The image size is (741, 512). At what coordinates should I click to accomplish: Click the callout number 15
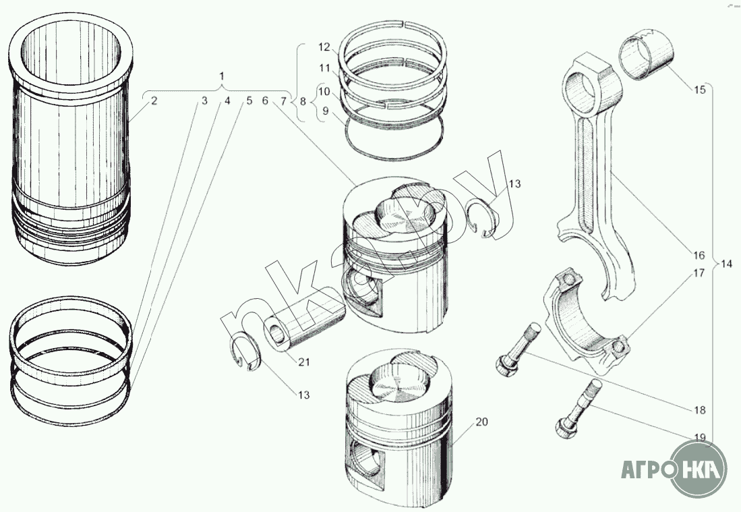point(699,89)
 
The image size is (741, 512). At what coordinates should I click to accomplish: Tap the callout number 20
point(481,422)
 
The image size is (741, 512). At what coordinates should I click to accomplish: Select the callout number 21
point(304,362)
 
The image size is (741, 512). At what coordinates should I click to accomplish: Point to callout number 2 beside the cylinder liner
point(154,101)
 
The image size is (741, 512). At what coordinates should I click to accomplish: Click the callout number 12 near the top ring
point(324,47)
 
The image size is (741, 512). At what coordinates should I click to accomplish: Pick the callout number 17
point(699,273)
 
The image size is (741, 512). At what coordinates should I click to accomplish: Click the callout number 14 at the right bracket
point(726,264)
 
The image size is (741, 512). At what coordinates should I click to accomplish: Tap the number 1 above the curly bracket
point(222,76)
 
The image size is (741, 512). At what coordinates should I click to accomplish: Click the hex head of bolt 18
point(505,366)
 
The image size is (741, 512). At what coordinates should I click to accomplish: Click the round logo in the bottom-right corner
point(699,469)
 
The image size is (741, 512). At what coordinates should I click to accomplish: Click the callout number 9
point(326,111)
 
